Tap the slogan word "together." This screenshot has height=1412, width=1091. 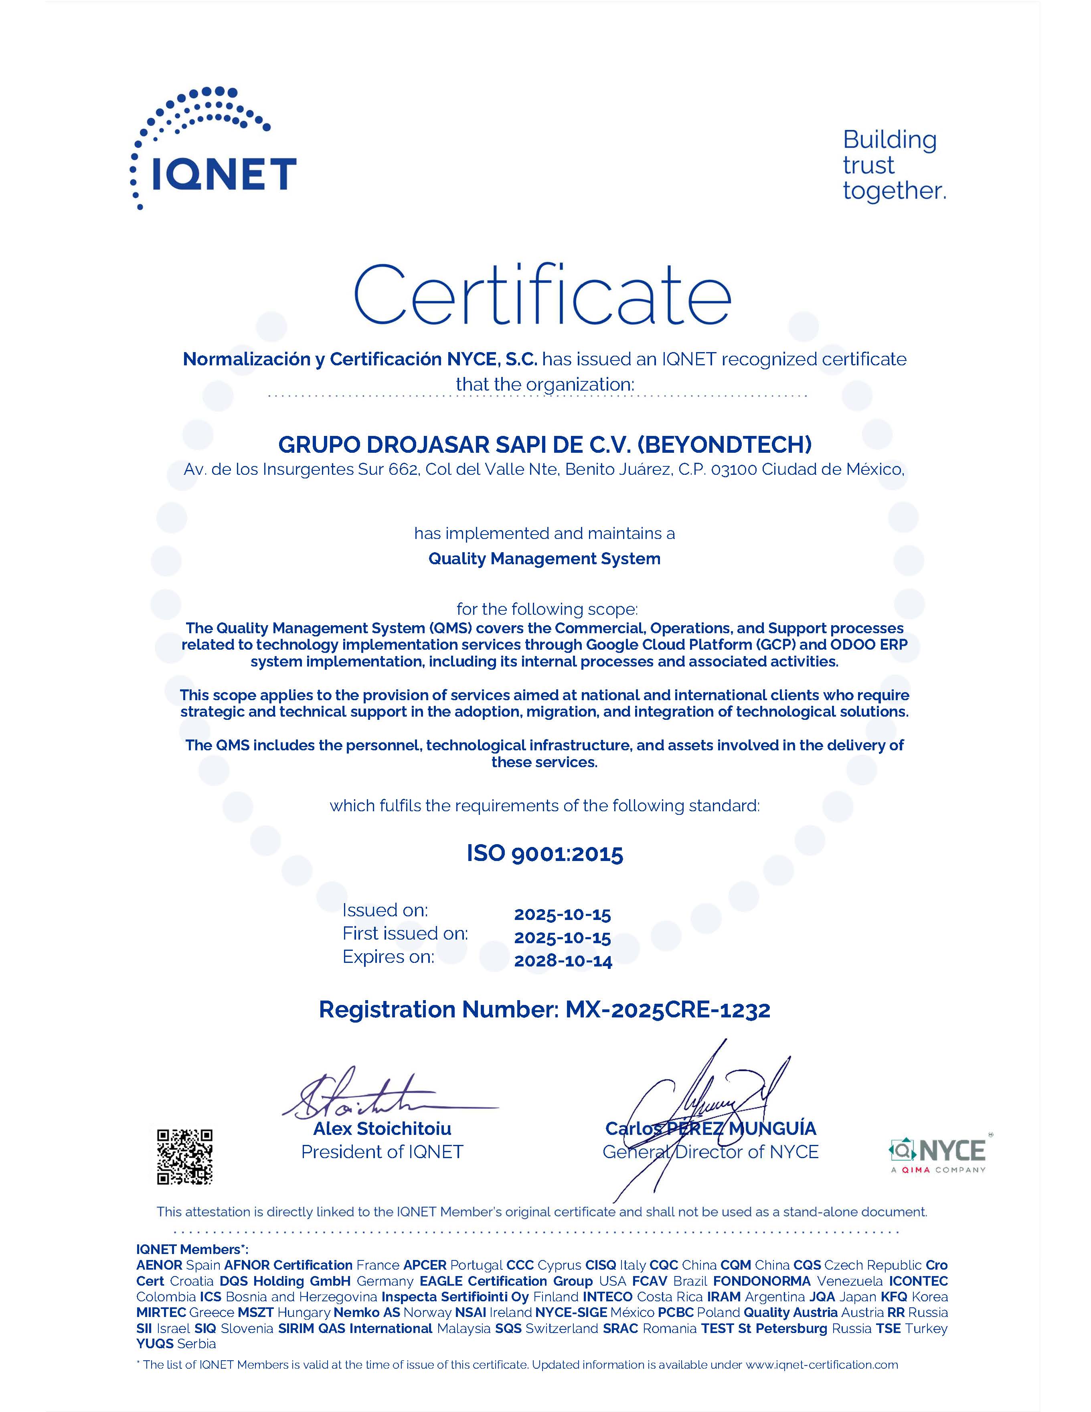pos(894,191)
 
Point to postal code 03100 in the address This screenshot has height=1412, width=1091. pos(734,470)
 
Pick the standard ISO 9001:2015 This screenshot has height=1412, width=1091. pos(545,854)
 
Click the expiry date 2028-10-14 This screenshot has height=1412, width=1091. pos(563,961)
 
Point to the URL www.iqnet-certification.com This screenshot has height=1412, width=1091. pos(822,1365)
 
